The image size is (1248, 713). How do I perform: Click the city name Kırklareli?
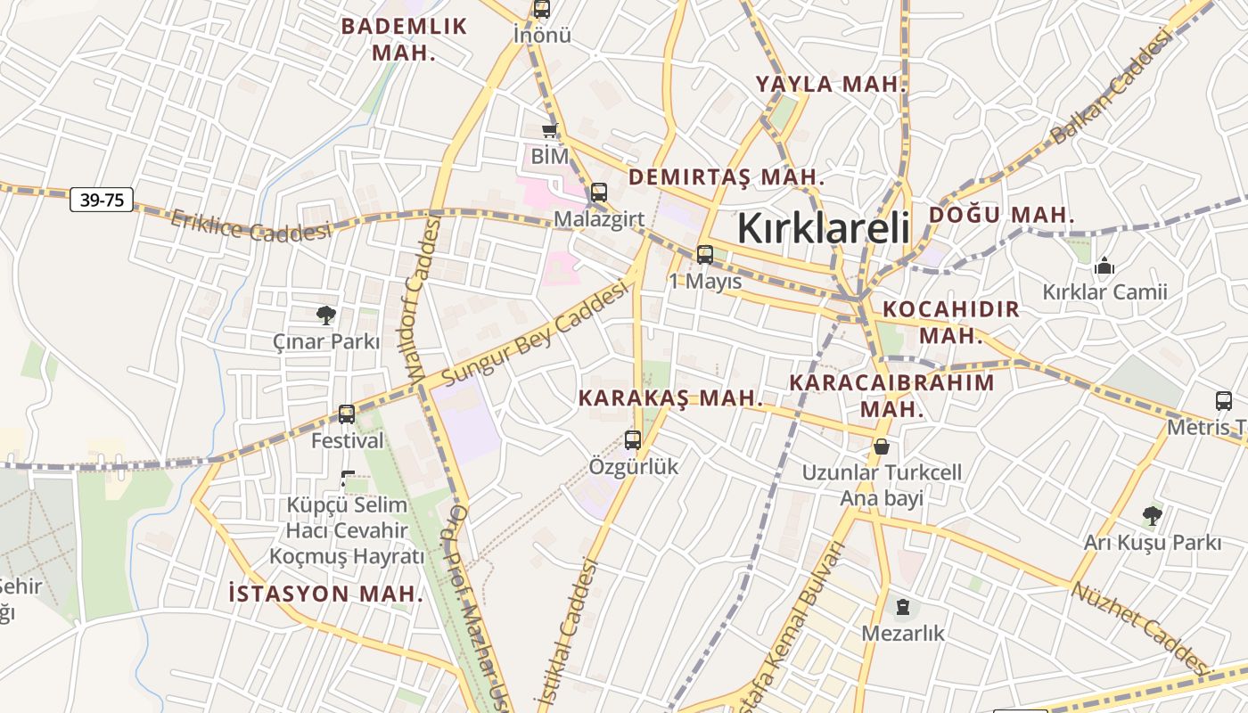(x=823, y=228)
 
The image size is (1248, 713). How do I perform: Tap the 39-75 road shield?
(x=102, y=200)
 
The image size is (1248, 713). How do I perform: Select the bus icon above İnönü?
(x=541, y=10)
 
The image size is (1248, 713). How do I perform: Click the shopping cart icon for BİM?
(x=549, y=131)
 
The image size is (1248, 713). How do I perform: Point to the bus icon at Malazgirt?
(x=599, y=192)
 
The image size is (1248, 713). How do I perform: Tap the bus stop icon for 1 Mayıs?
(x=705, y=255)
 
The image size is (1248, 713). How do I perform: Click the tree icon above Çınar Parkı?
(x=326, y=314)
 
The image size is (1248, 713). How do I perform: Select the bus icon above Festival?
(x=347, y=414)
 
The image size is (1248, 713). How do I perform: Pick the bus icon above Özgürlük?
(x=633, y=439)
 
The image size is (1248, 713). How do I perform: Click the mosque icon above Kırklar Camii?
(x=1104, y=266)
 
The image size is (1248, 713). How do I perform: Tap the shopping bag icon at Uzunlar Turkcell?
(x=882, y=446)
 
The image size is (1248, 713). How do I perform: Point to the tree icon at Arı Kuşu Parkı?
(x=1152, y=515)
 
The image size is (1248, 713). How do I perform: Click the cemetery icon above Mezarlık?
(x=903, y=608)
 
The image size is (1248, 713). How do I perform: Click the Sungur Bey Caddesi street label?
(x=535, y=334)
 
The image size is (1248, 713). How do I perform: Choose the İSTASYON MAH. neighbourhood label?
(x=325, y=593)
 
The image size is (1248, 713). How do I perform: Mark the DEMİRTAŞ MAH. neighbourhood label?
(x=727, y=176)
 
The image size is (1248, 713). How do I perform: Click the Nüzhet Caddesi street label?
(x=1141, y=629)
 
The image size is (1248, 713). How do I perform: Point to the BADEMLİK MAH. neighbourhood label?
(x=404, y=38)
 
